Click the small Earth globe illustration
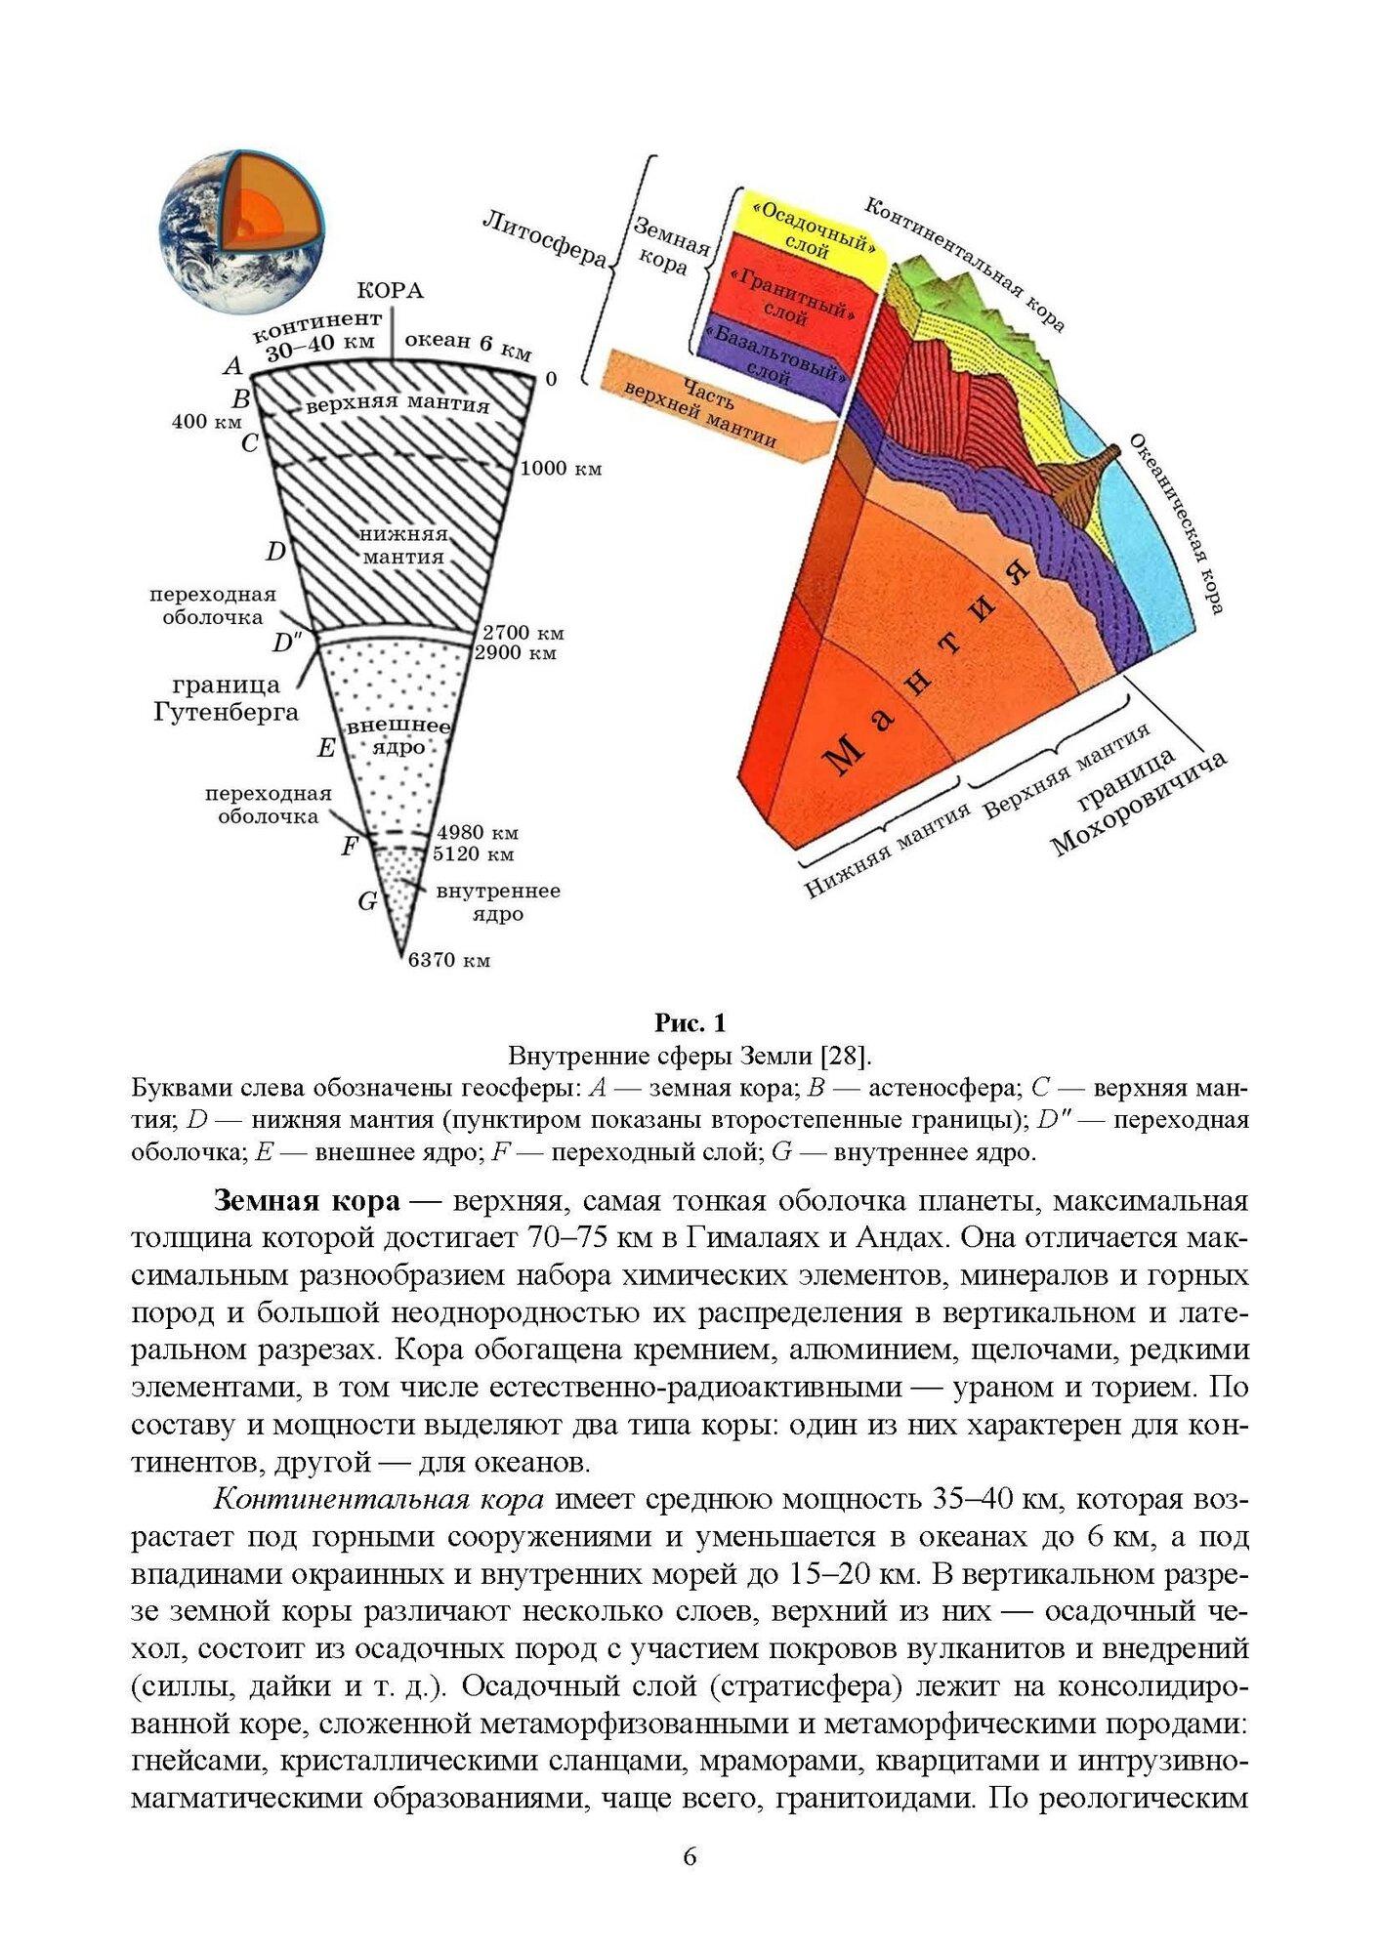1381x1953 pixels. coord(240,230)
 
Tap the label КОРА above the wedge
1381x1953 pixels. coord(390,290)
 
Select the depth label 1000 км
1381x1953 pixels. coord(561,469)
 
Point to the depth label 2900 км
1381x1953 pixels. coord(515,653)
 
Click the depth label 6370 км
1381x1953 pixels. coord(449,960)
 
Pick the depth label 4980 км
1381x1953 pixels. coord(477,832)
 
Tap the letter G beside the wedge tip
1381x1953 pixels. coord(367,900)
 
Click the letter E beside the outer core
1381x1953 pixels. coord(326,748)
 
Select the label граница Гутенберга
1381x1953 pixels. coord(226,698)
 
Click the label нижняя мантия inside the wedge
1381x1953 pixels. coord(403,546)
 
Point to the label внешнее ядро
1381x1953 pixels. coord(398,736)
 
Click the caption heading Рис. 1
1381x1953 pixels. coord(690,1022)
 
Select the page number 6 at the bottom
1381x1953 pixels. coord(690,1856)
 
